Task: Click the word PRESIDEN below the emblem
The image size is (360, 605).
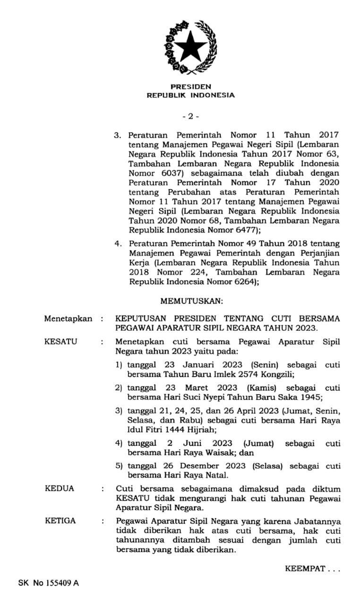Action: click(x=190, y=87)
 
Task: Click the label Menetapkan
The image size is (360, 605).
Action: click(x=68, y=319)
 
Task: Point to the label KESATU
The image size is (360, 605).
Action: click(x=60, y=342)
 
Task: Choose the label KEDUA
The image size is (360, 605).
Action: click(x=60, y=488)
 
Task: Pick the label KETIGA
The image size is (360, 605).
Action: click(x=60, y=521)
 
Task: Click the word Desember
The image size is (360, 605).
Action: click(x=183, y=465)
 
